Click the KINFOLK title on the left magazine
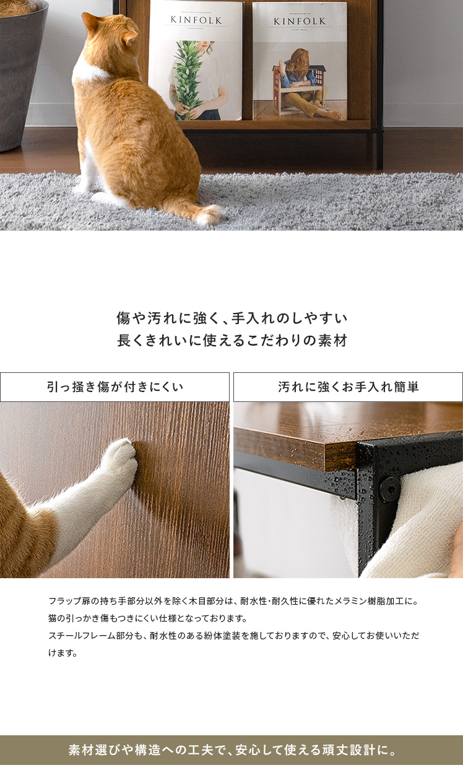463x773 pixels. coord(196,20)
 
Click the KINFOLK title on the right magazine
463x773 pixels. coord(300,22)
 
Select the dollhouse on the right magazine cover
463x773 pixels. coord(299,89)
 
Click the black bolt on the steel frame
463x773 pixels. coord(391,489)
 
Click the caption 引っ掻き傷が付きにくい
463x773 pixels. coord(115,387)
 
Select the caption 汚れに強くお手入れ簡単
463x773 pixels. coord(348,387)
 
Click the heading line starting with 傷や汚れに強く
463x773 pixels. coord(232,318)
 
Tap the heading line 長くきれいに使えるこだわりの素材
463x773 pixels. coord(232,341)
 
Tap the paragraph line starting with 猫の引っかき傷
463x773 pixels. coord(148,618)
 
